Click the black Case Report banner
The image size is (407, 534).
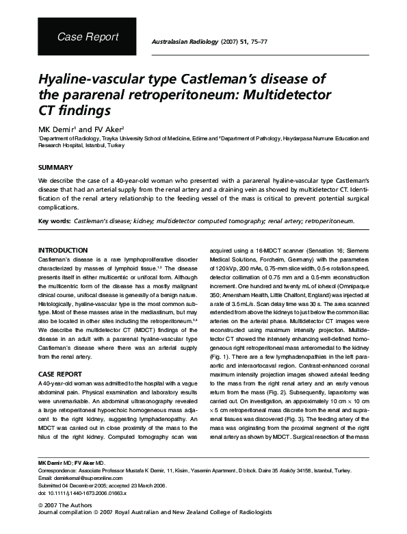pos(87,37)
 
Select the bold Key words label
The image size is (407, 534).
pos(53,222)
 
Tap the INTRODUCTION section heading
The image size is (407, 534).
pos(62,251)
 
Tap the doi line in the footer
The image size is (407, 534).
pos(81,492)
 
